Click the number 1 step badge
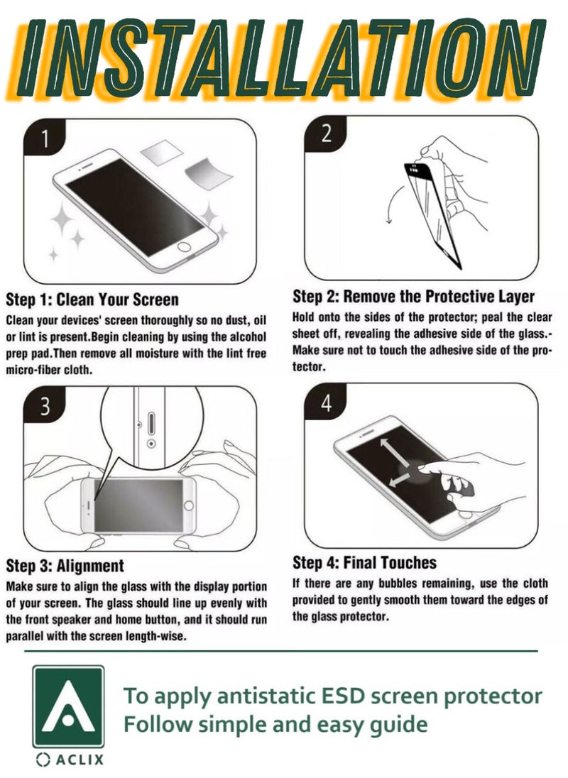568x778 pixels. (43, 138)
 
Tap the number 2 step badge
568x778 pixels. (325, 134)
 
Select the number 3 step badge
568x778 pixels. (44, 406)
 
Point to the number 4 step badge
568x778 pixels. (325, 402)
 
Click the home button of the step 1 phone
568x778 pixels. (185, 247)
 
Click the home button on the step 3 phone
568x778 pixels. (189, 505)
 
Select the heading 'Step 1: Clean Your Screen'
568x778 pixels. (92, 300)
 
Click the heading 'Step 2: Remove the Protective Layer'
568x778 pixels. (414, 296)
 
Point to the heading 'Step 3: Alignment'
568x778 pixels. (65, 566)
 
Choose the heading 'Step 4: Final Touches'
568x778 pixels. (365, 563)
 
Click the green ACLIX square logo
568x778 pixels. (68, 706)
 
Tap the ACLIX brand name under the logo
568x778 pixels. (70, 760)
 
